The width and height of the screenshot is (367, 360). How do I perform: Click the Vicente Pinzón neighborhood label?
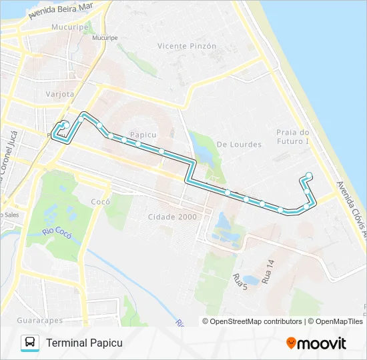tap(187, 46)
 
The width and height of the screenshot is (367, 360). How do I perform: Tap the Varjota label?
tap(59, 94)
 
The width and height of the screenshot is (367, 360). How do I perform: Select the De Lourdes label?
tap(233, 144)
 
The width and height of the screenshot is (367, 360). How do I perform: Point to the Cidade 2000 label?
tap(173, 217)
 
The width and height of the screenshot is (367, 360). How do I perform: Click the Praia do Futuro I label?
tap(294, 137)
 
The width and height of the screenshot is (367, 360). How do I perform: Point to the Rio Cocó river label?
tap(57, 231)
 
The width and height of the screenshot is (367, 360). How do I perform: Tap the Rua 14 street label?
tap(268, 273)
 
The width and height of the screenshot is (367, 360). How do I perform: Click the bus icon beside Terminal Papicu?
tap(30, 343)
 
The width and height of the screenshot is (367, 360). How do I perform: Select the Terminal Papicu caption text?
tap(84, 343)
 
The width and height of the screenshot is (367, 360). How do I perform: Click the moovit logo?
tap(316, 343)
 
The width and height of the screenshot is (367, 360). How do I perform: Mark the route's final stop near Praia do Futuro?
tap(309, 176)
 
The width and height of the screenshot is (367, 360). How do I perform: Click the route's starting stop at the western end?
tap(66, 124)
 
